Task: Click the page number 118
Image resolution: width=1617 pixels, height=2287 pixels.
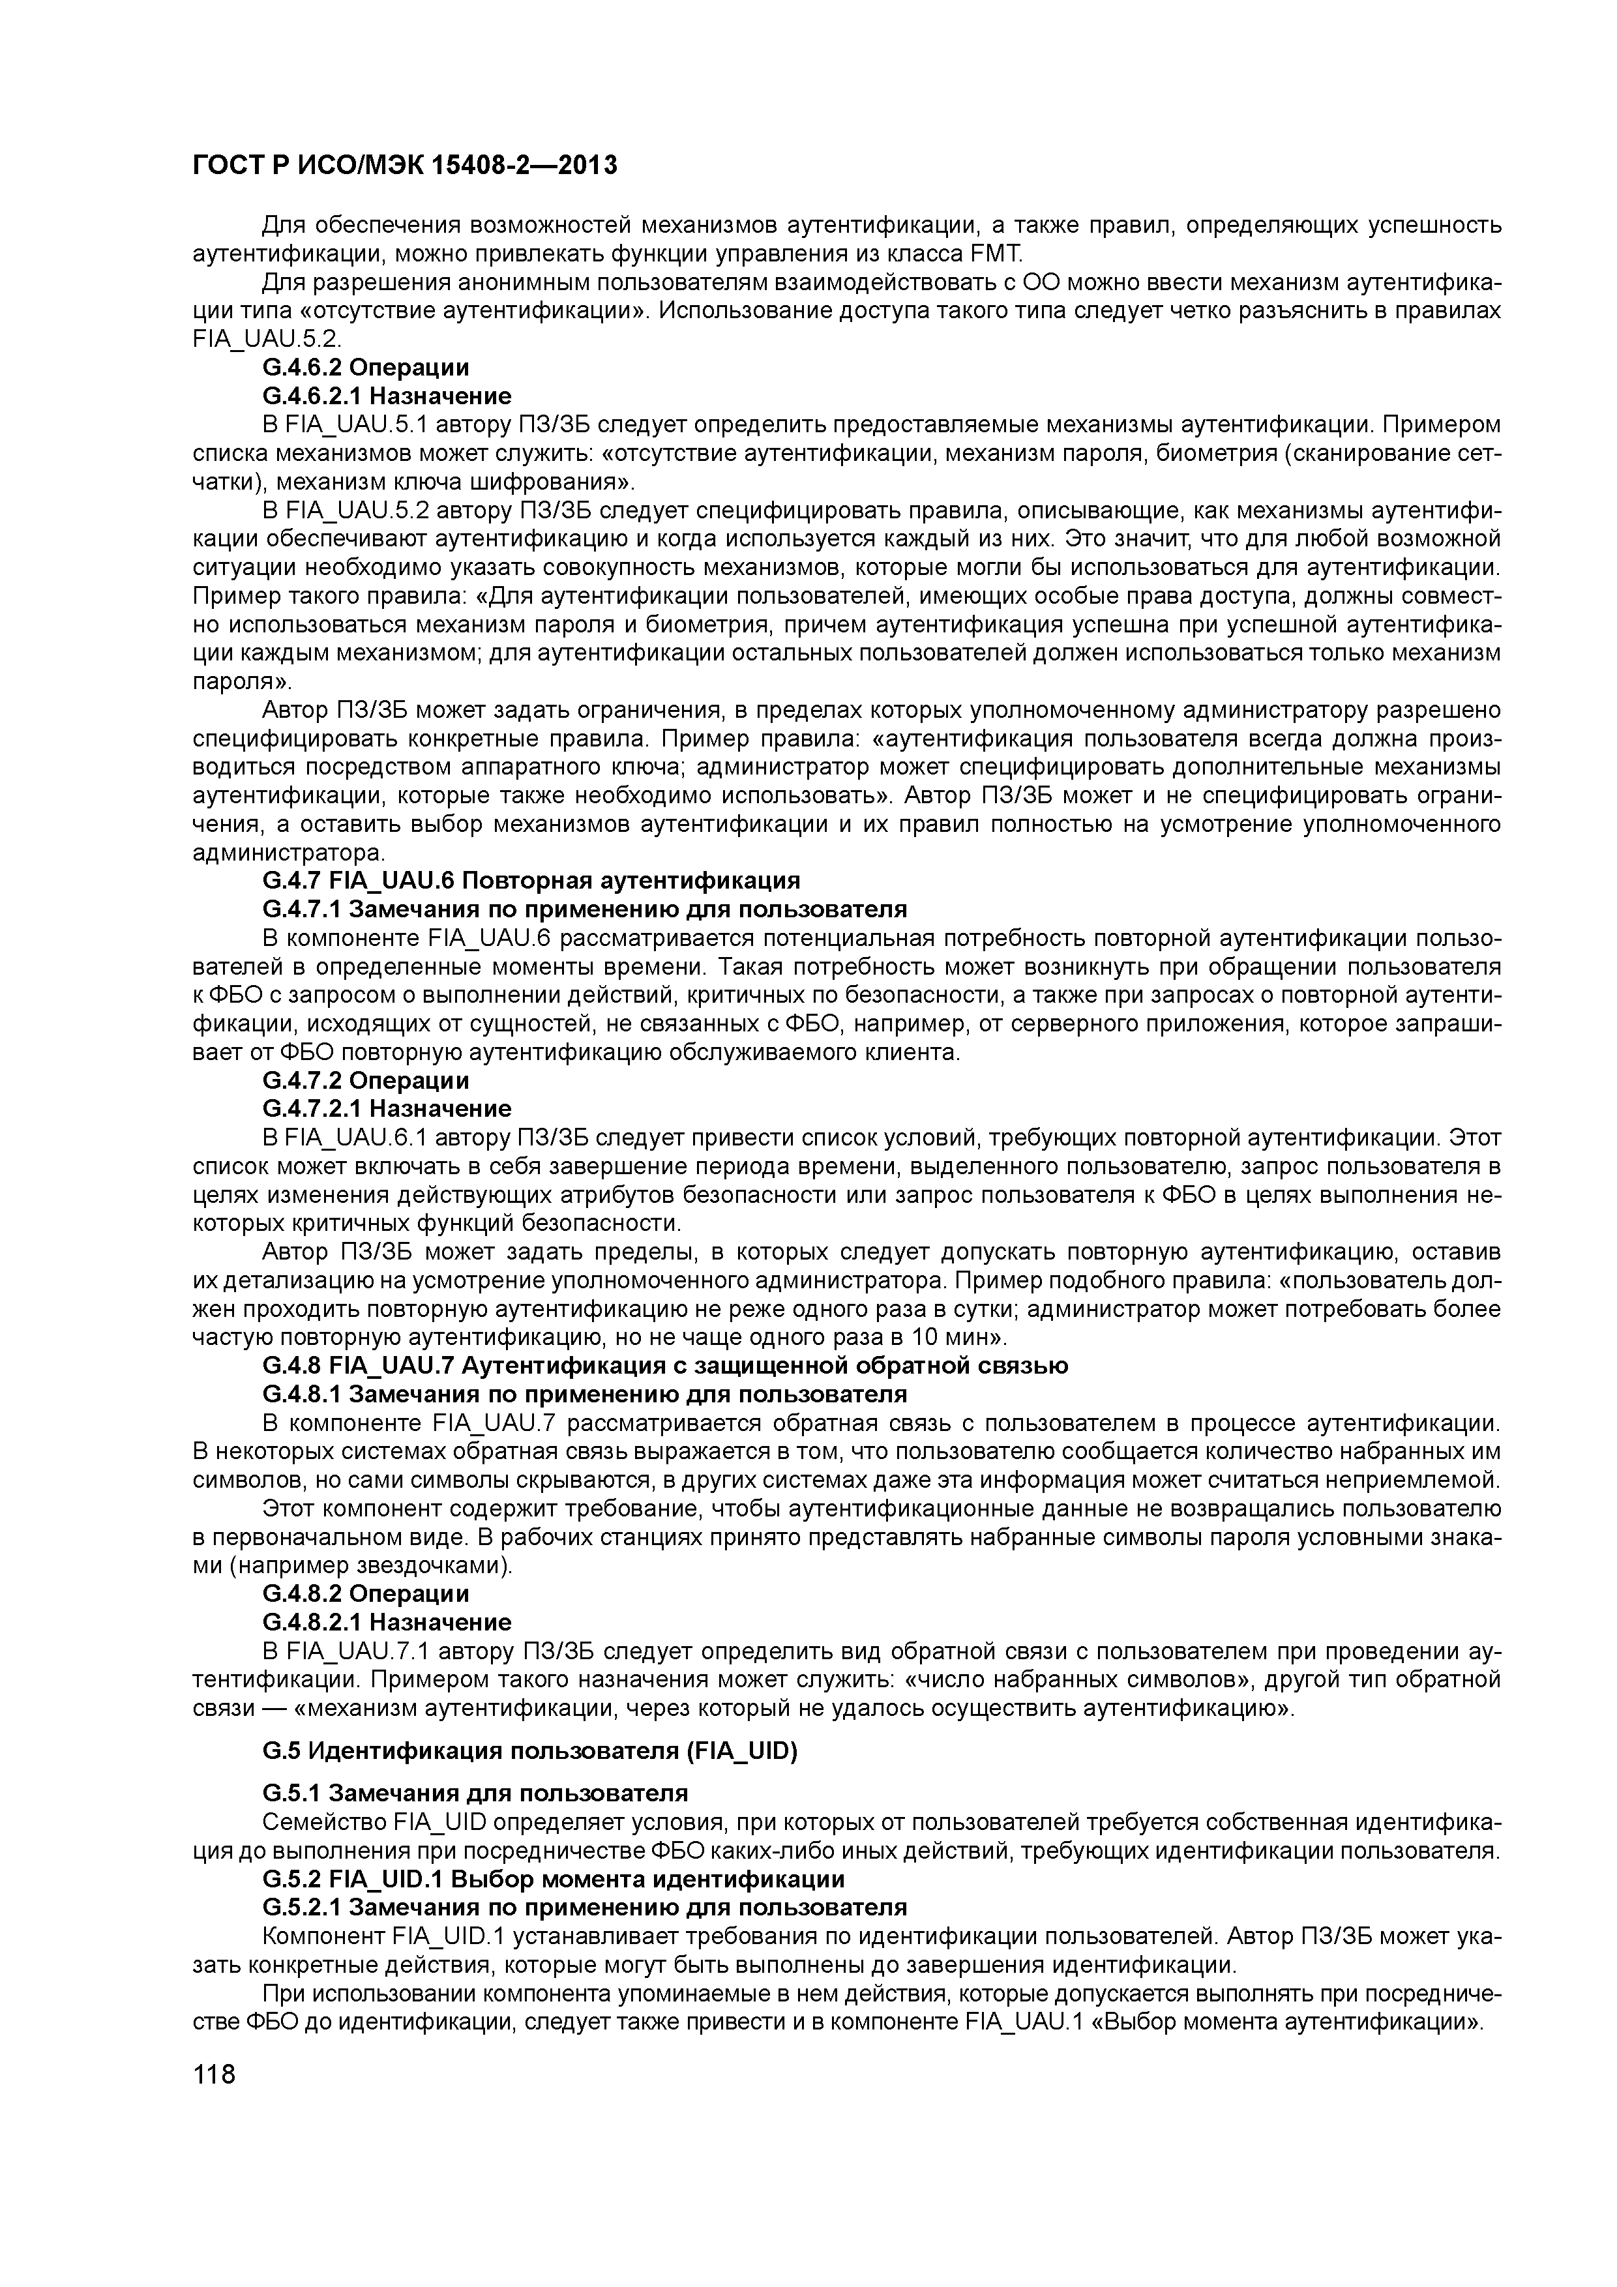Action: (x=215, y=2075)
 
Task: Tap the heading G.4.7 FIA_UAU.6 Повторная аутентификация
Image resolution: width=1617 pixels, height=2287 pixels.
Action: (x=531, y=881)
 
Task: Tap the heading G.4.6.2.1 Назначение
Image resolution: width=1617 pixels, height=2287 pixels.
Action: (x=387, y=396)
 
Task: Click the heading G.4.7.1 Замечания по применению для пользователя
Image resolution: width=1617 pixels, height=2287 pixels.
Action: (x=585, y=909)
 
